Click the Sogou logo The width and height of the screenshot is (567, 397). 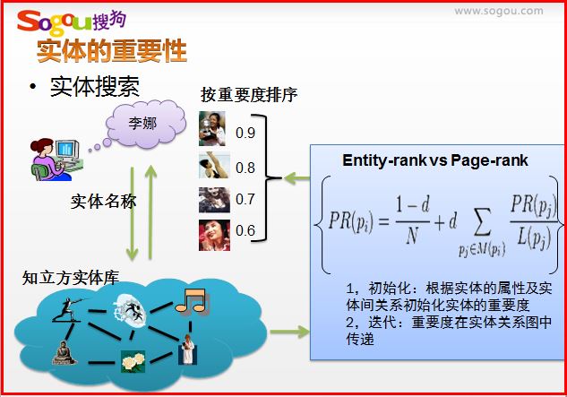pos(72,22)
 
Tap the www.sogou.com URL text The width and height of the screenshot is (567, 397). pos(499,12)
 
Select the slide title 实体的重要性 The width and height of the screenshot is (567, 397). pos(112,51)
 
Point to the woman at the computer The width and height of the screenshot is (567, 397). pos(55,160)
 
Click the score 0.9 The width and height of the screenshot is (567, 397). pos(245,133)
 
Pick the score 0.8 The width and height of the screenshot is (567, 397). pos(245,168)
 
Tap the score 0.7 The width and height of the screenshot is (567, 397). pos(245,199)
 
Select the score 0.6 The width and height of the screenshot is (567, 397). pos(245,230)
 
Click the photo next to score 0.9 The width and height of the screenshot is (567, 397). pos(212,128)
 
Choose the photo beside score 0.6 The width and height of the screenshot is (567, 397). pos(214,235)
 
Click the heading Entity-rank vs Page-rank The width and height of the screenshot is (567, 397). pos(435,160)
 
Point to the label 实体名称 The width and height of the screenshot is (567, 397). pos(103,202)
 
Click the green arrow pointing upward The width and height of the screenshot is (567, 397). pos(150,212)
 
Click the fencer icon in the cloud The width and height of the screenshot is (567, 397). pos(69,309)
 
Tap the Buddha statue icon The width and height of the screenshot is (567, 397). pos(64,352)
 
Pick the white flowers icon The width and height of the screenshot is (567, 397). pos(133,361)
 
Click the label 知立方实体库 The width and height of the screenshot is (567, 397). pos(71,278)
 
